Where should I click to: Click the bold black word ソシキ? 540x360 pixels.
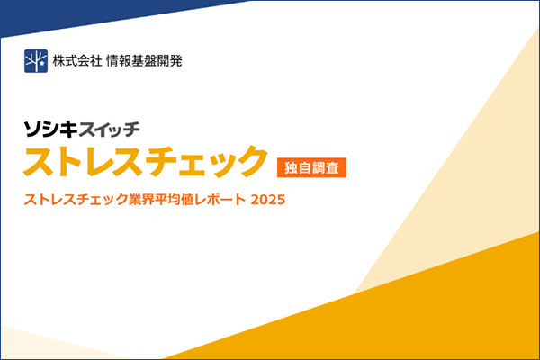pyautogui.click(x=52, y=128)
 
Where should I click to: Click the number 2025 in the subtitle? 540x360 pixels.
pyautogui.click(x=268, y=199)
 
